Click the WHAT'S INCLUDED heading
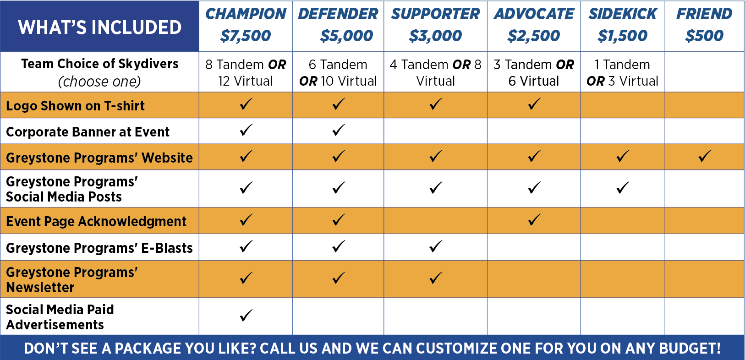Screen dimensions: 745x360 click(x=100, y=27)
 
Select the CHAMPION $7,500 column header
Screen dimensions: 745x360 click(x=246, y=25)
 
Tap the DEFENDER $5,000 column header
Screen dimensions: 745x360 click(x=338, y=25)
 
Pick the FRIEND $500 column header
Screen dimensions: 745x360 click(x=704, y=25)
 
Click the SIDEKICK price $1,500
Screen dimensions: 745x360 click(x=623, y=36)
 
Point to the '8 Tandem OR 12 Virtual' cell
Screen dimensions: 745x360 click(x=246, y=72)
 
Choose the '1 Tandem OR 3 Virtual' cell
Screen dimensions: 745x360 click(x=623, y=72)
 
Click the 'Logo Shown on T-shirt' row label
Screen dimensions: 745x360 click(x=75, y=106)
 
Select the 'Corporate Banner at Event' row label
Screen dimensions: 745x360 click(x=88, y=132)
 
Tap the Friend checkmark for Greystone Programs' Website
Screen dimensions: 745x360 click(x=704, y=156)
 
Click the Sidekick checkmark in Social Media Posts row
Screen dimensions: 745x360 click(x=623, y=187)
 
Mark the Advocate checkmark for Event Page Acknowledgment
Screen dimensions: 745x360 click(x=534, y=220)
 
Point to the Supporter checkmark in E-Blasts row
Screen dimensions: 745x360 click(x=436, y=246)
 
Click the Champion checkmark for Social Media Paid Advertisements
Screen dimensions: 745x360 click(x=246, y=316)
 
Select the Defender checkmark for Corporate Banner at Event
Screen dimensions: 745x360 click(x=338, y=130)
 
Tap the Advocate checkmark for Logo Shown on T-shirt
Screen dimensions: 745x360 click(x=534, y=104)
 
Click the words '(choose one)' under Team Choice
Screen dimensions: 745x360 click(x=99, y=82)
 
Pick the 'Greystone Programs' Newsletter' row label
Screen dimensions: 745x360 click(x=72, y=279)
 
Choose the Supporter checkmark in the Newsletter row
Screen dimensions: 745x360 click(x=436, y=278)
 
